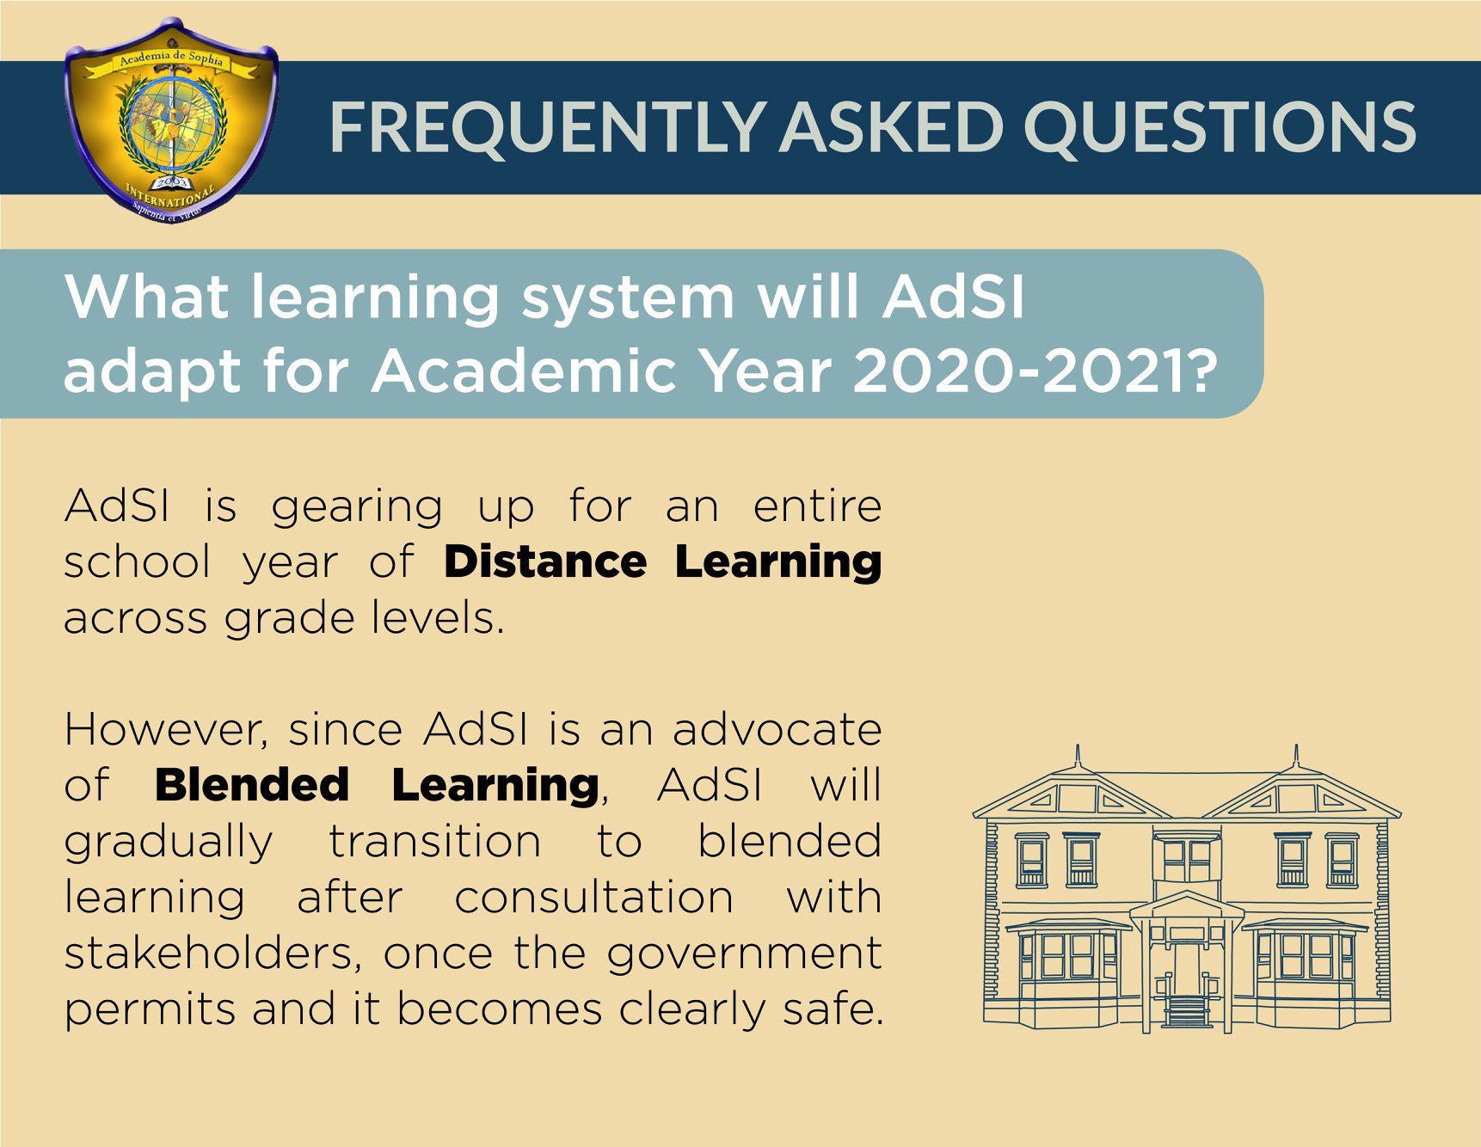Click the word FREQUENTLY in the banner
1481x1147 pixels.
(x=547, y=128)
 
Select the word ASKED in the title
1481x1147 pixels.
(x=894, y=127)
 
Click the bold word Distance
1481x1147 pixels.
(x=545, y=562)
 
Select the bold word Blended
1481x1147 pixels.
(x=252, y=785)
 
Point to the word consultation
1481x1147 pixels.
(x=593, y=898)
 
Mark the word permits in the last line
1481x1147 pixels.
(x=150, y=1010)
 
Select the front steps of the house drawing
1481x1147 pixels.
(x=1187, y=1011)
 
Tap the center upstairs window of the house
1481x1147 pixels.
(x=1187, y=857)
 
